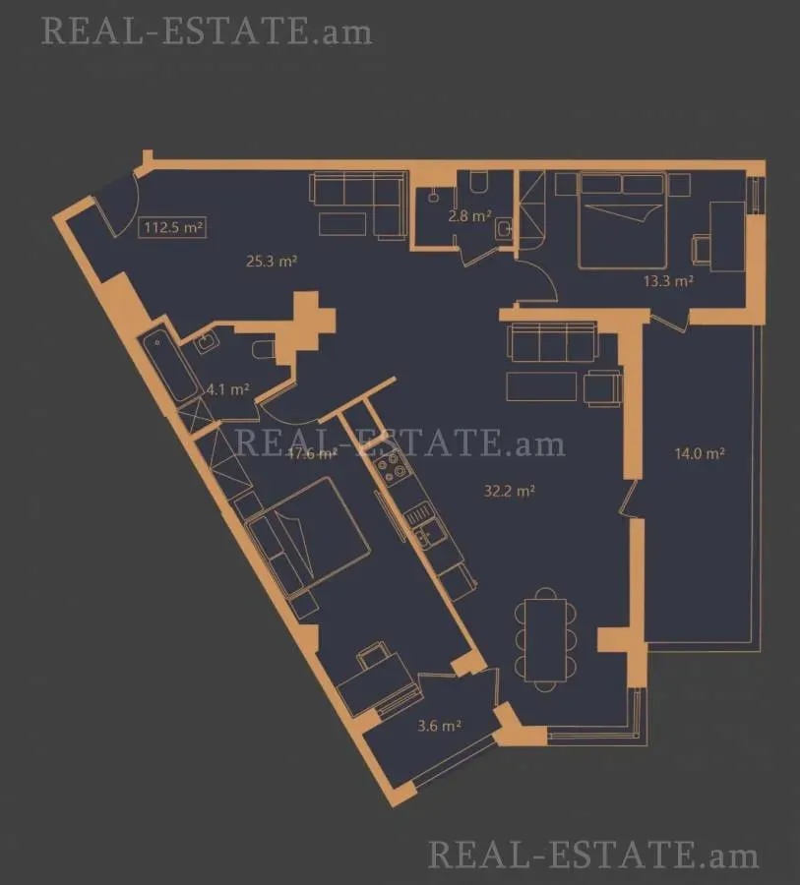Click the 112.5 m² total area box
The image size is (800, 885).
pyautogui.click(x=173, y=228)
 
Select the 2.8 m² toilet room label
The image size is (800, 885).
pyautogui.click(x=468, y=216)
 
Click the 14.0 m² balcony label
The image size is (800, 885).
pyautogui.click(x=699, y=454)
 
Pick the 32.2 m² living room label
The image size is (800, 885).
pyautogui.click(x=509, y=492)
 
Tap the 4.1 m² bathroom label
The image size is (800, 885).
pyautogui.click(x=226, y=388)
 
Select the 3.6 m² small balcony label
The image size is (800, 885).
pyautogui.click(x=439, y=727)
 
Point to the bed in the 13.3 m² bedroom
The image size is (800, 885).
pyautogui.click(x=622, y=219)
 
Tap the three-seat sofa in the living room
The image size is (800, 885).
pyautogui.click(x=551, y=343)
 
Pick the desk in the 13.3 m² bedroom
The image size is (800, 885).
pyautogui.click(x=727, y=236)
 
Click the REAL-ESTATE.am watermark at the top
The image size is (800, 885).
pyautogui.click(x=208, y=30)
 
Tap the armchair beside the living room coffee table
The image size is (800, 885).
pyautogui.click(x=601, y=387)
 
